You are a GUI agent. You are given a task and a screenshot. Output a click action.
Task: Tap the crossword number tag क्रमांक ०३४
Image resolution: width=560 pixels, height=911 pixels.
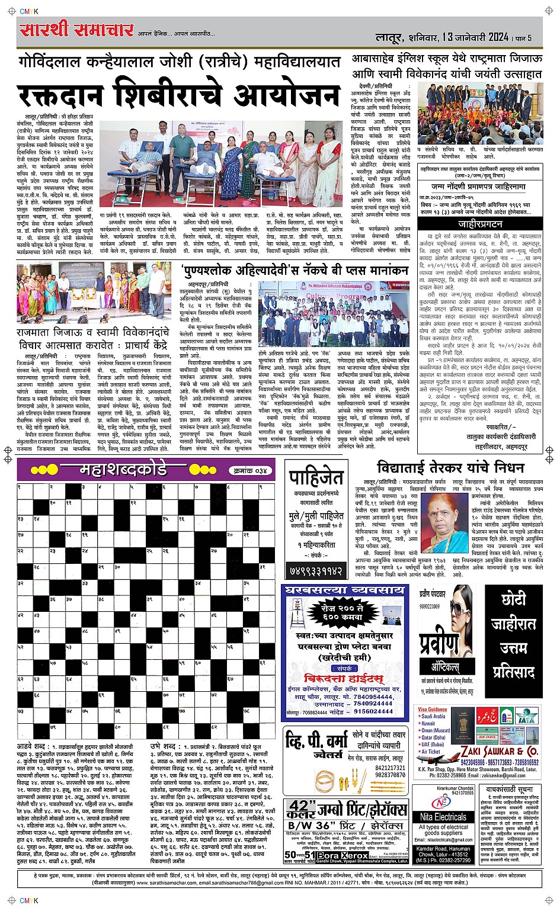point(251,470)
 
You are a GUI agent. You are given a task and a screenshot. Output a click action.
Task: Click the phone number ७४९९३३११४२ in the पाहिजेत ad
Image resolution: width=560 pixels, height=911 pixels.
point(315,570)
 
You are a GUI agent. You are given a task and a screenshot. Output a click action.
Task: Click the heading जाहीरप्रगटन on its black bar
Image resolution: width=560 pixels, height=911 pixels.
point(480,224)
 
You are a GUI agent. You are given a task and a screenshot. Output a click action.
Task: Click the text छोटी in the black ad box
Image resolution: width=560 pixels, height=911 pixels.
point(513,599)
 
